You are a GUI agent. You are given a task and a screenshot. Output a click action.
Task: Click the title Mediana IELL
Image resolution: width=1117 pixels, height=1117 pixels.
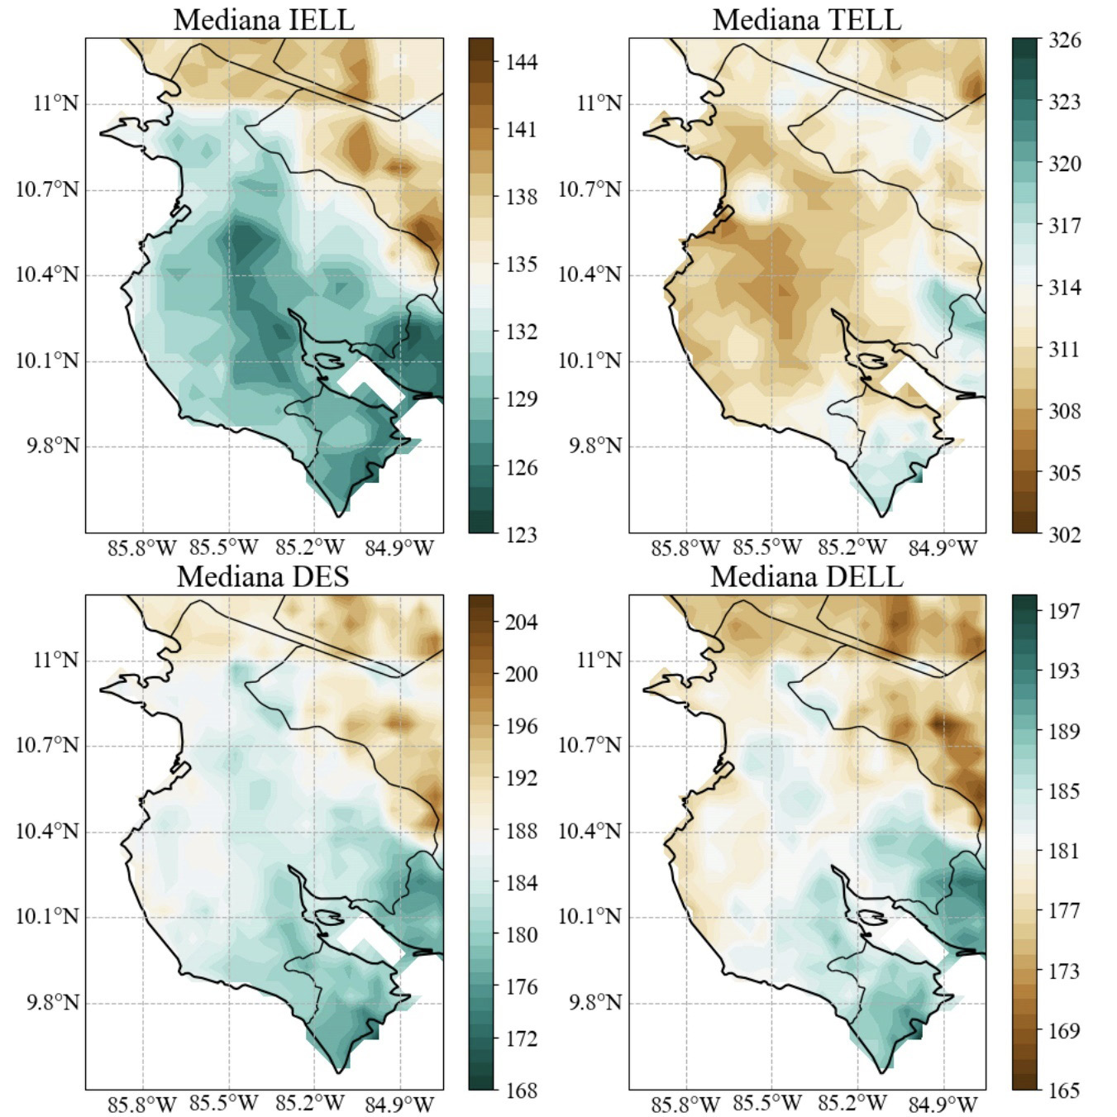pos(264,19)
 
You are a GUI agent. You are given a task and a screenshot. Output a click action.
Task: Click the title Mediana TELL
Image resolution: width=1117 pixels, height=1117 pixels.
pos(806,19)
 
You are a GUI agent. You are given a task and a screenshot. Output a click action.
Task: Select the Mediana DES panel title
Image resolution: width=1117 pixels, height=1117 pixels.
pos(263,576)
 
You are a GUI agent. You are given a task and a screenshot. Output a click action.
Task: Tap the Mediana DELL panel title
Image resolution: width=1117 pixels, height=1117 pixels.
pos(806,576)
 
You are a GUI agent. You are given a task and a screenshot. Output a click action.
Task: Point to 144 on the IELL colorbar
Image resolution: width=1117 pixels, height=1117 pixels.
pos(521,62)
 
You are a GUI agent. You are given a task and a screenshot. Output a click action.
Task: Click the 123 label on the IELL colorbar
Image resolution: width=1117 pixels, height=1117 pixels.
pos(521,534)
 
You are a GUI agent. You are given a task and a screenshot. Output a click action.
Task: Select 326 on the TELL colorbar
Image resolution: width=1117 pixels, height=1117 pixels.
pos(1064,40)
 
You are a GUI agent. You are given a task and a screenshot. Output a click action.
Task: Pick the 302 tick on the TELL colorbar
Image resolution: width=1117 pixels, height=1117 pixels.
pos(1064,534)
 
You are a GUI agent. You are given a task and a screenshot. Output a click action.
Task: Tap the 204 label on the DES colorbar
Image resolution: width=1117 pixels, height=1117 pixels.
pos(521,622)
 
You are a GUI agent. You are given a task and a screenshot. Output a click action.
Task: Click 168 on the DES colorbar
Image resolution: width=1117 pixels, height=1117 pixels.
pos(521,1091)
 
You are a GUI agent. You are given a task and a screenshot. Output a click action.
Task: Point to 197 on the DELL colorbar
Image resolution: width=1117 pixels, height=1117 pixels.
pos(1064,611)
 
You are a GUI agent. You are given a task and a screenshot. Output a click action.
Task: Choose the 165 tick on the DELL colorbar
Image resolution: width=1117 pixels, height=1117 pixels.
pos(1064,1091)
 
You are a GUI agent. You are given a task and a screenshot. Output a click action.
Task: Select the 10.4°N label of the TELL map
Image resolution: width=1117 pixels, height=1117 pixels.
pos(590,274)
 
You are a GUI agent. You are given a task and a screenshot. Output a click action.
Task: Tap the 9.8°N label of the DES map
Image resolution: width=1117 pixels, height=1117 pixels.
pos(53,1003)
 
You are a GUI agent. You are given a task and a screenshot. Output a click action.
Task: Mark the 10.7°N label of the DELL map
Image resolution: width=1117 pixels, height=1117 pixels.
pos(590,746)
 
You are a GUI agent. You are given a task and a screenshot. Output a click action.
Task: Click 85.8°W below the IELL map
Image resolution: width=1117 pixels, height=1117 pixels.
pos(143,547)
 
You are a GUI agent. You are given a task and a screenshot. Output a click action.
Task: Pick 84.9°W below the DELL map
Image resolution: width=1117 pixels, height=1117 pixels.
pos(943,1104)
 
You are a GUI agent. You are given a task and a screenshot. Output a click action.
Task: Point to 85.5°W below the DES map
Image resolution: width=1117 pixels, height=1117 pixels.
pos(224,1104)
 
